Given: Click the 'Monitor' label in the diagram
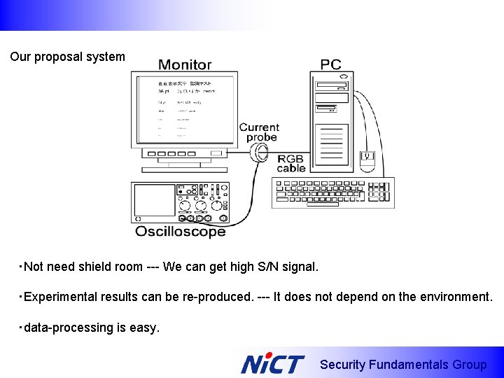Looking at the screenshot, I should tap(185, 64).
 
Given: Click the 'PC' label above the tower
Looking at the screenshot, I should tap(330, 64).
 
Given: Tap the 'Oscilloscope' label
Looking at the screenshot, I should tap(181, 232).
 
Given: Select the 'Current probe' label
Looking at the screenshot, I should tap(260, 132).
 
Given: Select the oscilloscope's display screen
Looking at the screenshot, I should tap(155, 199).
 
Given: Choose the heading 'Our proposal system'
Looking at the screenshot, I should tap(67, 57).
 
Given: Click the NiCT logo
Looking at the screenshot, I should tap(272, 364).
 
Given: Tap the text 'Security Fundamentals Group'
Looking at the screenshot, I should tap(402, 365).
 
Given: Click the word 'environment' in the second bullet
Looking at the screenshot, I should tap(456, 297).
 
